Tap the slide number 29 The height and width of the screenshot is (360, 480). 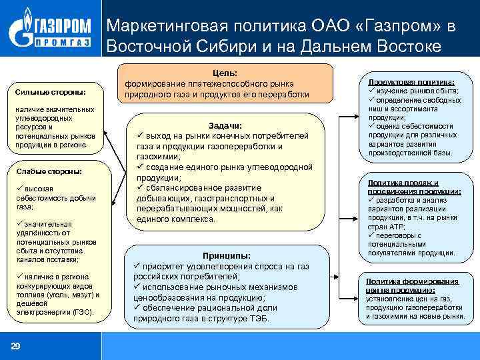pos(15,345)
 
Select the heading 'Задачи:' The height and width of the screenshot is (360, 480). pos(225,125)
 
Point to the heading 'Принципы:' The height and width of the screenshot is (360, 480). pos(227,255)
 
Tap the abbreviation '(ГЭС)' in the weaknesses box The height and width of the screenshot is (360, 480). pos(82,311)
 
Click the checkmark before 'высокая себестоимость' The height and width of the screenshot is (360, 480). pos(21,189)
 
